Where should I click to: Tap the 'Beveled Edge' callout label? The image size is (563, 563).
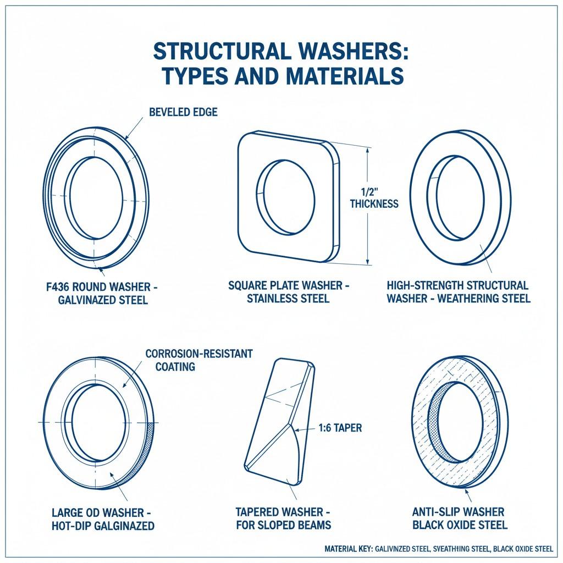183,112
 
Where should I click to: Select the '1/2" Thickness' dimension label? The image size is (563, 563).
374,198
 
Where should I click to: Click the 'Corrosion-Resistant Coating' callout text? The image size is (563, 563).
198,360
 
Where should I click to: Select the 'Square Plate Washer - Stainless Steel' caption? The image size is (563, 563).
288,292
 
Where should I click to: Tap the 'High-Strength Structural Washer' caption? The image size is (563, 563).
457,292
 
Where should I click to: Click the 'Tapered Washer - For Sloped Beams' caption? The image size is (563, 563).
283,518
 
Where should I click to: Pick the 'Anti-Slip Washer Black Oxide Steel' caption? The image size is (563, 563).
460,518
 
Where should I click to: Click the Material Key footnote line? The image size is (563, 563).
438,548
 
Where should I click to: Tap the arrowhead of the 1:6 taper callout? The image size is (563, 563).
297,428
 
